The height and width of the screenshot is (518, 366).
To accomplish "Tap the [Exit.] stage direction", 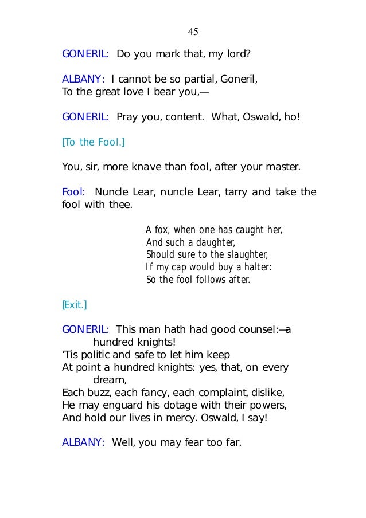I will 74,305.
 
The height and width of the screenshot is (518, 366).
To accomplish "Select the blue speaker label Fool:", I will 73,192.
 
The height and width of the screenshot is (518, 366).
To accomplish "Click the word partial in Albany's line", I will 198,80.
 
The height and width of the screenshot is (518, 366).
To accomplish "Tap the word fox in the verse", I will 163,230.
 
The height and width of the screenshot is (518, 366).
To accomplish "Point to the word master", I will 281,167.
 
